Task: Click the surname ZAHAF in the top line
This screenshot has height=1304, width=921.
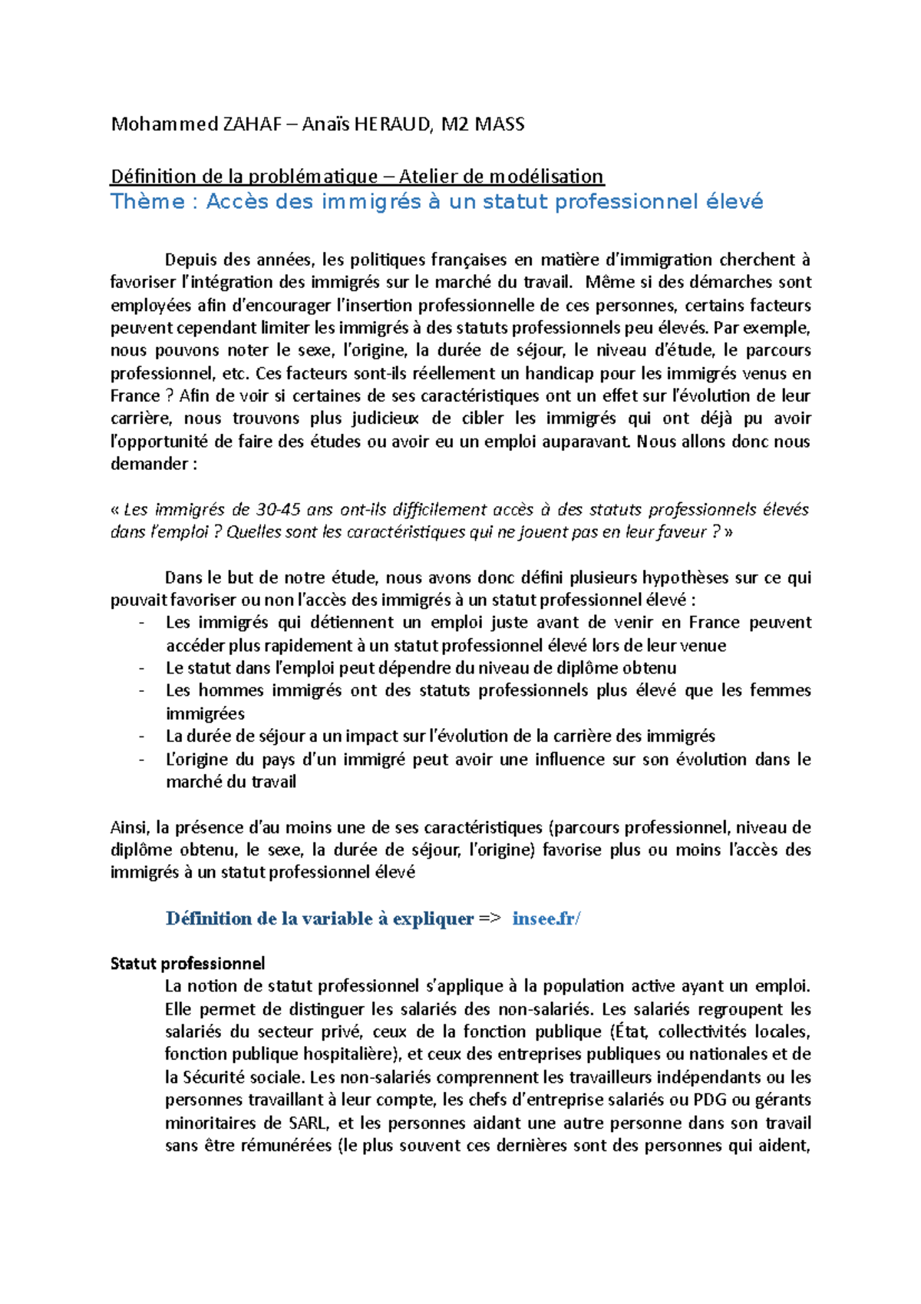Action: [x=252, y=124]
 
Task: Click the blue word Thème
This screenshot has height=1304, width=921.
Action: [x=147, y=202]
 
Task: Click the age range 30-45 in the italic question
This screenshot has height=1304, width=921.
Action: [x=278, y=510]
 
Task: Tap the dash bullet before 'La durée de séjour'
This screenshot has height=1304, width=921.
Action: [x=142, y=736]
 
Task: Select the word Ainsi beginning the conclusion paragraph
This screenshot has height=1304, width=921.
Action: [x=130, y=828]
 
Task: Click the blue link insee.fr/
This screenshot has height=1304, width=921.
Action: [x=546, y=919]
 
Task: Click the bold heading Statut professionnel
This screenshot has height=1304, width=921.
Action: [x=187, y=964]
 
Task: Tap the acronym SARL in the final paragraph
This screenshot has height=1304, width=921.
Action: [x=309, y=1124]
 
